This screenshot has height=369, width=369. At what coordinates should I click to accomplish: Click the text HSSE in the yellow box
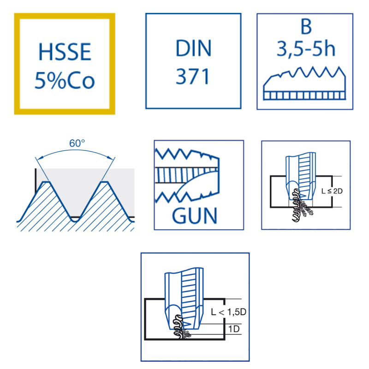(65, 52)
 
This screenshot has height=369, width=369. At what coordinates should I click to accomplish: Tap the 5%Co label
(65, 80)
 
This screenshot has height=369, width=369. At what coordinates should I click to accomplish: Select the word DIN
(193, 48)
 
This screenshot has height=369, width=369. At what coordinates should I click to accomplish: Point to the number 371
(192, 76)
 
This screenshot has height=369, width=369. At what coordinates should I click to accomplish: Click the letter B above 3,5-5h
(306, 26)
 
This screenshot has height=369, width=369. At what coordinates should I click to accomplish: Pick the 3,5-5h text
(306, 48)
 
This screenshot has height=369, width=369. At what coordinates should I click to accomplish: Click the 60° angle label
(77, 143)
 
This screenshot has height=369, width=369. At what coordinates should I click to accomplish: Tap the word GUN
(194, 216)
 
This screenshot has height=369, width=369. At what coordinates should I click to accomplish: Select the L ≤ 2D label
(332, 191)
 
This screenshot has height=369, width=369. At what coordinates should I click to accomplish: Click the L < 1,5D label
(228, 312)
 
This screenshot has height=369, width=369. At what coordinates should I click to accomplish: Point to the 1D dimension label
(234, 329)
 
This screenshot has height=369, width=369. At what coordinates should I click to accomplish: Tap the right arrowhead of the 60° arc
(111, 159)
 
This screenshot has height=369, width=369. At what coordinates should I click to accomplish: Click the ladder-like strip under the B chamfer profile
(304, 95)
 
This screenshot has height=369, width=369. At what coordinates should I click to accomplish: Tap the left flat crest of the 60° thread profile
(46, 182)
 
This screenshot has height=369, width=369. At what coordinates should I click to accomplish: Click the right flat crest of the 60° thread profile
(105, 182)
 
